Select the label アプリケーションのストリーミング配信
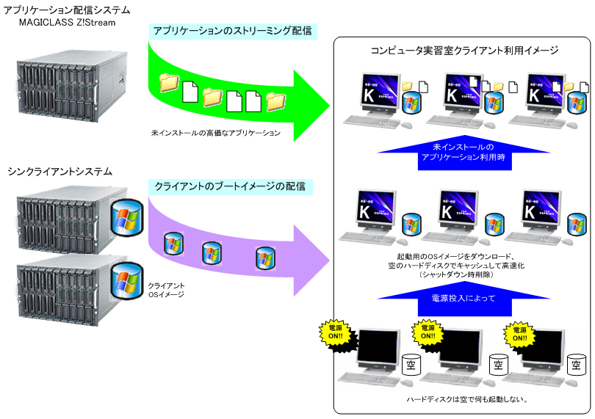tap(231, 31)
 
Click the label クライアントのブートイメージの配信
tap(230, 186)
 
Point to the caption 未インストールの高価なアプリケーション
tap(215, 134)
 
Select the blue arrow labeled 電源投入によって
tap(463, 299)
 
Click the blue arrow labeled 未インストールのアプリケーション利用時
tap(463, 152)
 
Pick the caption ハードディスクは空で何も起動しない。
tap(463, 400)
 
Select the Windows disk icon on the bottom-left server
tap(126, 280)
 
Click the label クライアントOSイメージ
tap(166, 290)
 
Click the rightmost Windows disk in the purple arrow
tap(265, 258)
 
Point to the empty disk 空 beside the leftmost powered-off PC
tap(411, 364)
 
